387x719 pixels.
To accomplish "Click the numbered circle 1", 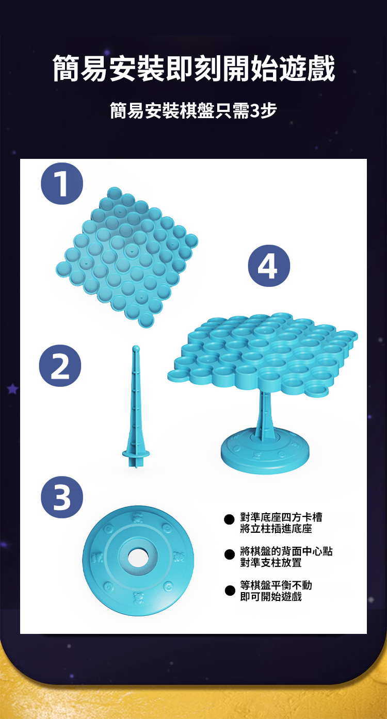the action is pyautogui.click(x=62, y=184).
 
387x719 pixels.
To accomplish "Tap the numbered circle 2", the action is pyautogui.click(x=60, y=366).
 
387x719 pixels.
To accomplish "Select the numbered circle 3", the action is pyautogui.click(x=62, y=497).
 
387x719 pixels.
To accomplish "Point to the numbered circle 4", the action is pyautogui.click(x=269, y=266).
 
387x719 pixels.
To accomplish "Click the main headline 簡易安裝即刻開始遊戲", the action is pyautogui.click(x=193, y=69).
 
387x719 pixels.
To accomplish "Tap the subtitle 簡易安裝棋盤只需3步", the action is pyautogui.click(x=193, y=111).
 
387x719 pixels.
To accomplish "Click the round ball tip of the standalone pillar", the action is pyautogui.click(x=136, y=348).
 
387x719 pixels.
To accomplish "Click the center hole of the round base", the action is pyautogui.click(x=138, y=558).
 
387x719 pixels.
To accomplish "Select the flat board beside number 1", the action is pyautogui.click(x=127, y=257).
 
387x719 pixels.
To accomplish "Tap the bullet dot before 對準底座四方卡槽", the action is pyautogui.click(x=229, y=519).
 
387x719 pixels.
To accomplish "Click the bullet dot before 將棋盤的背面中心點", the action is pyautogui.click(x=229, y=554).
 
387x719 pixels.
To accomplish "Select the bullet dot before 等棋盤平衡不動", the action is pyautogui.click(x=229, y=590).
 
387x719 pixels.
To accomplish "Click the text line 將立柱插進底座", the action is pyautogui.click(x=276, y=529).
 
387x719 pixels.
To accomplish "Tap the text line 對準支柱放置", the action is pyautogui.click(x=271, y=562).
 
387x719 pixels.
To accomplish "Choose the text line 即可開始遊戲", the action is pyautogui.click(x=271, y=597).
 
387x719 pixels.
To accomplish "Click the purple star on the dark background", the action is pyautogui.click(x=12, y=389).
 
